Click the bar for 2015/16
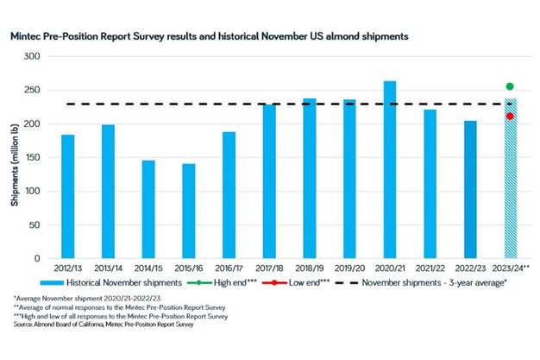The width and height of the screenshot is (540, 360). (x=188, y=211)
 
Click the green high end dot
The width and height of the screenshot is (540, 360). (x=510, y=86)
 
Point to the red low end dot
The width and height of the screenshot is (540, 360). (x=510, y=117)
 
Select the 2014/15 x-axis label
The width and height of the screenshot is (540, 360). (x=148, y=268)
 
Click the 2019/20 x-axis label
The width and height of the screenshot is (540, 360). (x=349, y=268)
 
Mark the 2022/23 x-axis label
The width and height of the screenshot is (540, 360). (x=470, y=268)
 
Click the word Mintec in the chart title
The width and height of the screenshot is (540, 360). (x=28, y=37)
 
